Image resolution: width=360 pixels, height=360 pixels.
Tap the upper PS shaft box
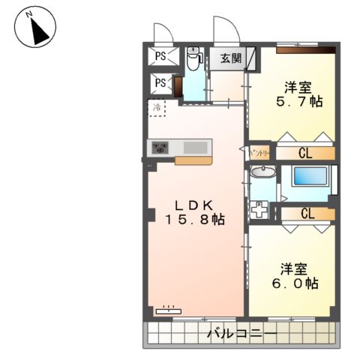point(160,55)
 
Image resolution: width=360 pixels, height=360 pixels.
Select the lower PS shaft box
point(160,83)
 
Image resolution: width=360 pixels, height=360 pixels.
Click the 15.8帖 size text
point(194,220)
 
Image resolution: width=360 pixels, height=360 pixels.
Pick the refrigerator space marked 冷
point(157,107)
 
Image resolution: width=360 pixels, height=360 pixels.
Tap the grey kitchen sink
point(197,147)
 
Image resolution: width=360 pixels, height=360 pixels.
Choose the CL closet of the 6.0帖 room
point(306,214)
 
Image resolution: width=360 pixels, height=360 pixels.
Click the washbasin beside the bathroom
point(262,174)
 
